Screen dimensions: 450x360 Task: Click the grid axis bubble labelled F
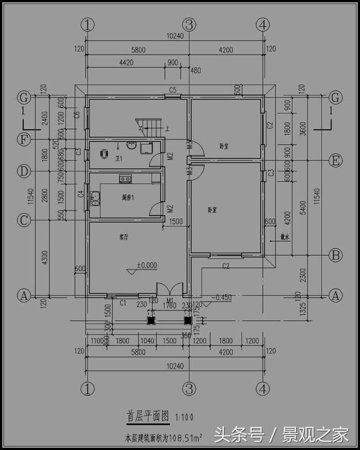24,139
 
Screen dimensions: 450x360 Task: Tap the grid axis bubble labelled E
336,160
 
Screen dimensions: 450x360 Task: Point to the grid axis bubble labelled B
336,255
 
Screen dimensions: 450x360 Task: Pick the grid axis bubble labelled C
24,220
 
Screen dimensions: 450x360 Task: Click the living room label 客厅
125,237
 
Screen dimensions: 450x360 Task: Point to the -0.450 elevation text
222,298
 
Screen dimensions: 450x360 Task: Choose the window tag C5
173,90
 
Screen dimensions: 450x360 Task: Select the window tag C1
123,303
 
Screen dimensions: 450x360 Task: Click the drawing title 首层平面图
147,417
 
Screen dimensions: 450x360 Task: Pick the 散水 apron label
283,238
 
